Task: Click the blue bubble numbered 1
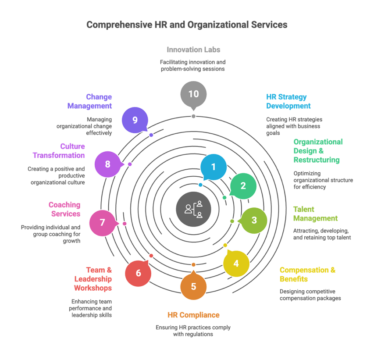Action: pos(214,167)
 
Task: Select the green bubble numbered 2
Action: pos(243,185)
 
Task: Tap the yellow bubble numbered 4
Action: pos(236,264)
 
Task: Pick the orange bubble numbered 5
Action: pos(193,287)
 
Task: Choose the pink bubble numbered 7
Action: pos(103,223)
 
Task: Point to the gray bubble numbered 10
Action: pos(193,94)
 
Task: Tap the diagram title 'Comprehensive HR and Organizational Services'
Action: pos(187,25)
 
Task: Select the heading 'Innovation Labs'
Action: pos(193,50)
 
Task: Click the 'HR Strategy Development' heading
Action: pos(288,101)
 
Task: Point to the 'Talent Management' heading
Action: pos(315,214)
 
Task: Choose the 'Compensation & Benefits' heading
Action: pos(307,274)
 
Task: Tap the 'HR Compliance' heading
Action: pos(193,315)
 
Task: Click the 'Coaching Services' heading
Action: pos(64,209)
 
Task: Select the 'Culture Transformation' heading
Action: pos(59,150)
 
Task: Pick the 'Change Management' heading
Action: pos(90,101)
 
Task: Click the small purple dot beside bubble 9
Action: pos(151,135)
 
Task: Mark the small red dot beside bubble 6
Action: pos(151,256)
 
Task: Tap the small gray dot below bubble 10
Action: pos(193,116)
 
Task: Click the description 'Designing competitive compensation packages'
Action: pos(310,295)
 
